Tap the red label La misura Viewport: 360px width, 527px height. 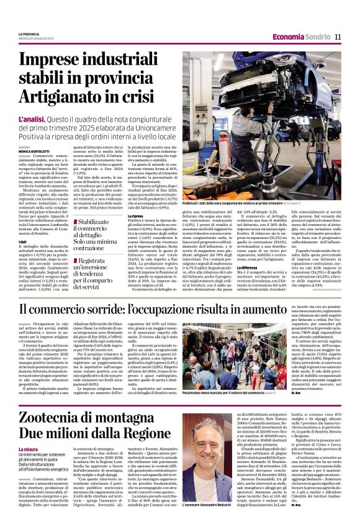pos(29,449)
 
